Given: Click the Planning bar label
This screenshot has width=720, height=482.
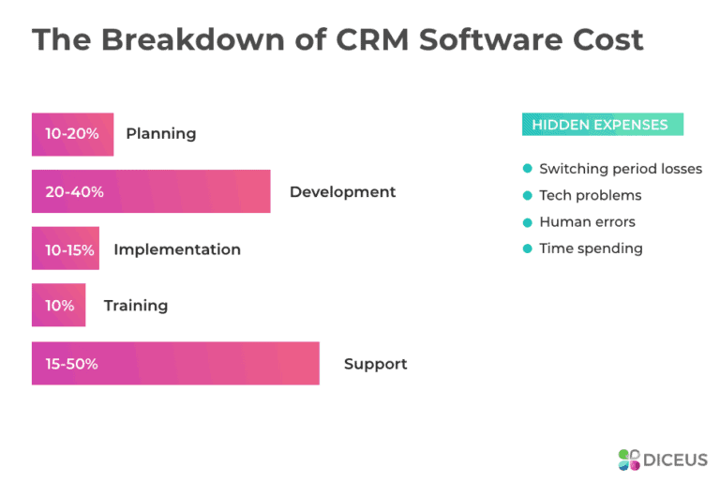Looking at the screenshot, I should [x=160, y=133].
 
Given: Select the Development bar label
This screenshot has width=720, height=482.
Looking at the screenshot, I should [x=342, y=191].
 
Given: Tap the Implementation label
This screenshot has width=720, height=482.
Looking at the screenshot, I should [x=176, y=249].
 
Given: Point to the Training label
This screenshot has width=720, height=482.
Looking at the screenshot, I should [x=136, y=305].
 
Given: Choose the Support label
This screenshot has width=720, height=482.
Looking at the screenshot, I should [x=375, y=363].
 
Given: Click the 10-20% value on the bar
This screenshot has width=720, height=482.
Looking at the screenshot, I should [x=71, y=133].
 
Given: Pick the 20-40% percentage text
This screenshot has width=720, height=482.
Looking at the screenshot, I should [x=74, y=191].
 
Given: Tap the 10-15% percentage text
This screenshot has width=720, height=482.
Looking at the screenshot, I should [x=65, y=249].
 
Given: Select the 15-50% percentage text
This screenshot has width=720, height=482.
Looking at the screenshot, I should [x=71, y=363].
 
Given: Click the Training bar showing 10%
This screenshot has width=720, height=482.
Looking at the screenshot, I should [x=58, y=305].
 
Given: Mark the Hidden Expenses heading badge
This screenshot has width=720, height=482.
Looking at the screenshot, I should [x=602, y=125].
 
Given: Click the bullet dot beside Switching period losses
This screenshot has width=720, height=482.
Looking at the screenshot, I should [x=528, y=169].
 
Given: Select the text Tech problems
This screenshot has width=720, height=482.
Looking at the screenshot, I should [x=590, y=195].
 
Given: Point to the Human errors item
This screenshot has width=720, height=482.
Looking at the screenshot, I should [x=587, y=222].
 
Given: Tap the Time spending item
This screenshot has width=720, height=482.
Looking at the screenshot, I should [x=591, y=249].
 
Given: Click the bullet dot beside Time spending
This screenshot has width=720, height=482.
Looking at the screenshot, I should [x=528, y=249].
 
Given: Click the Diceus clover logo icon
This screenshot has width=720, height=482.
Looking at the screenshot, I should [x=629, y=459].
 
